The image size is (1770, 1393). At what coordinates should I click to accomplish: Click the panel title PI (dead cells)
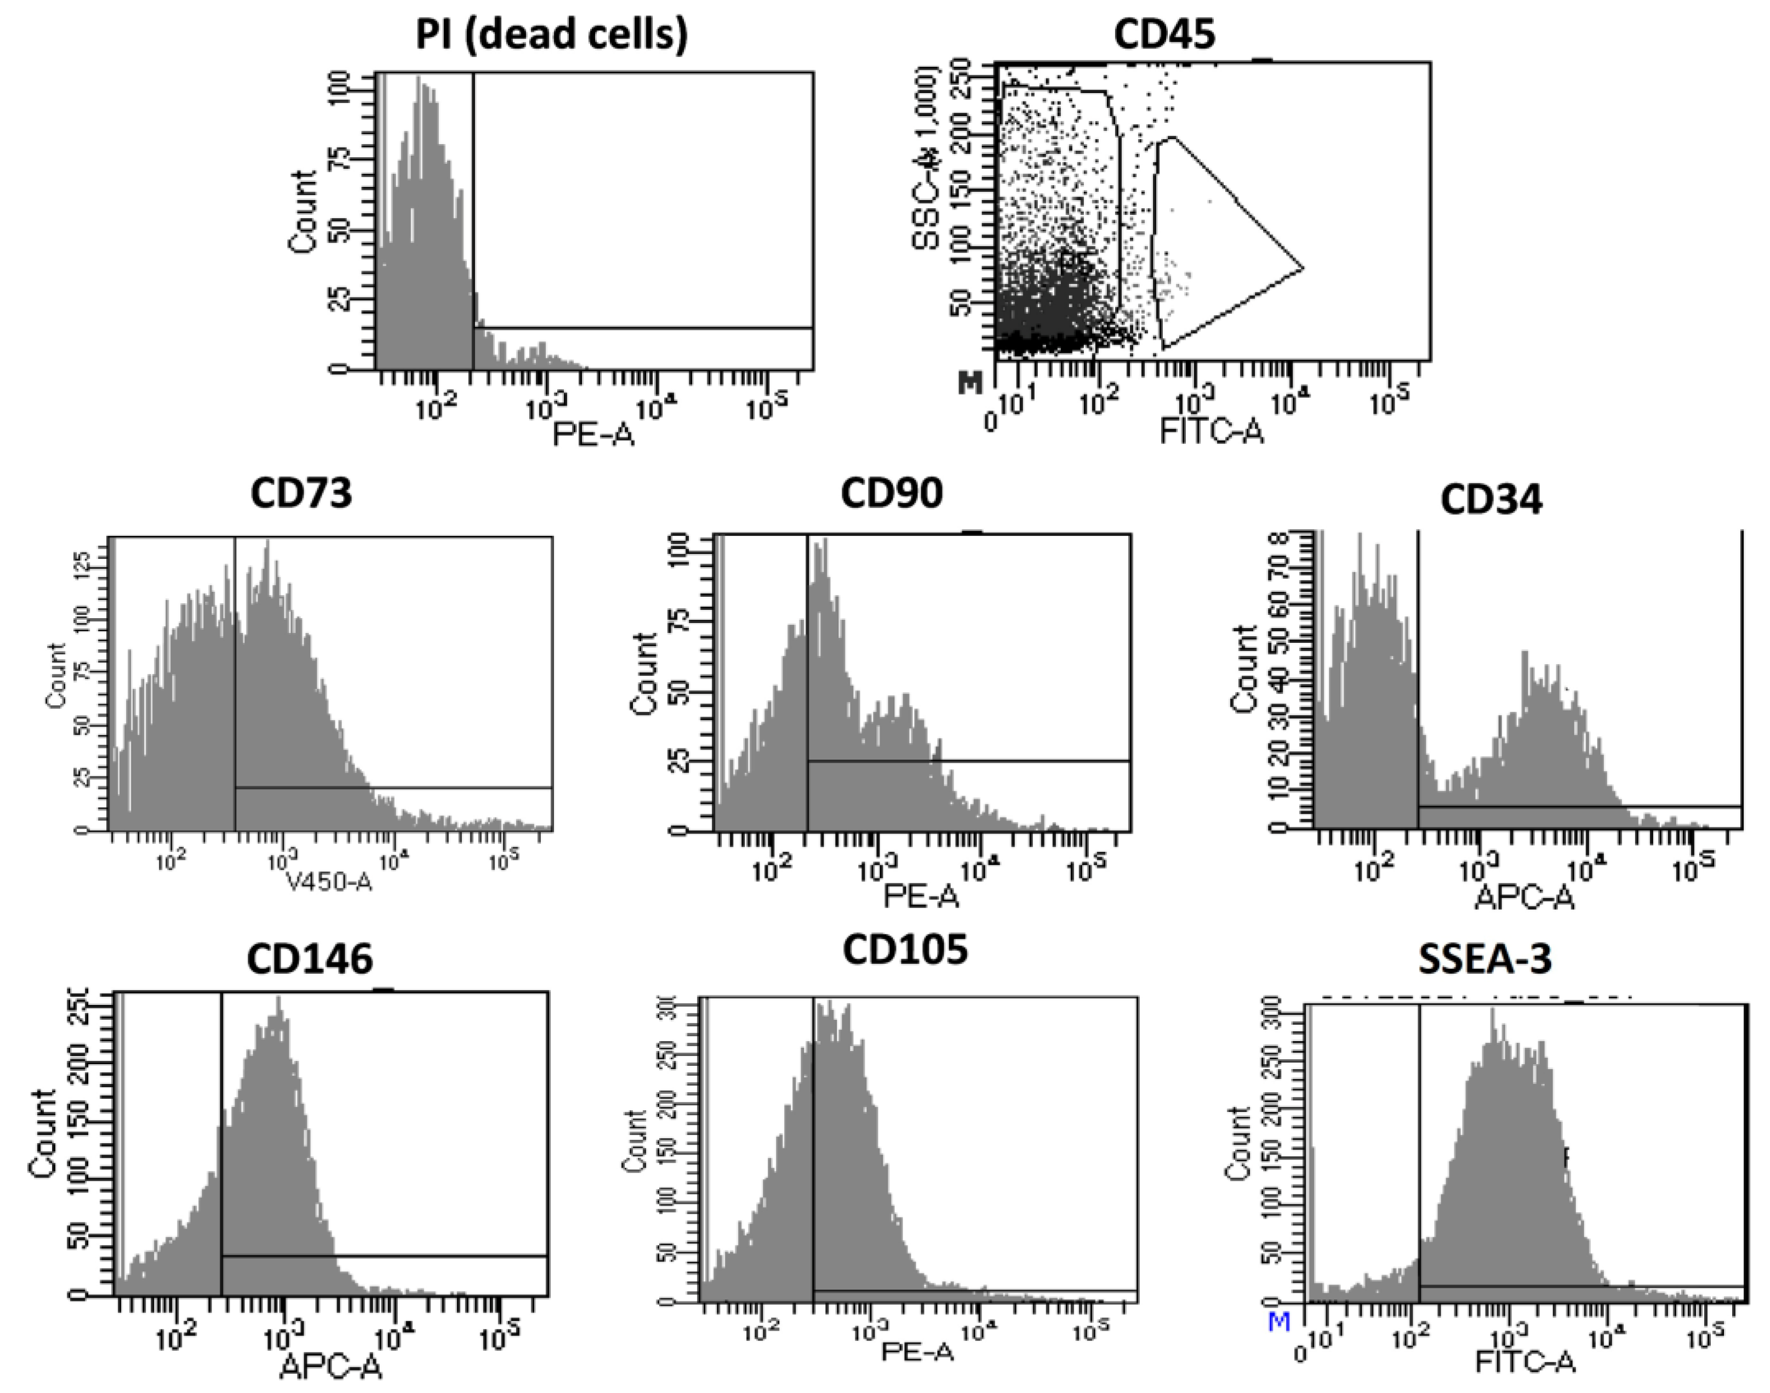click(551, 35)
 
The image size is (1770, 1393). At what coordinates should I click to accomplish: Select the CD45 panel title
click(1164, 35)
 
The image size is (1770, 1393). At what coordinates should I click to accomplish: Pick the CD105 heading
click(905, 949)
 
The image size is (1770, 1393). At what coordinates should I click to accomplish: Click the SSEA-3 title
click(1484, 959)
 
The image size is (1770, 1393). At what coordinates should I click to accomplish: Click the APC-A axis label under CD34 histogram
click(1523, 897)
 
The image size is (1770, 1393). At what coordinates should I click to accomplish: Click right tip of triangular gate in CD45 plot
click(1302, 267)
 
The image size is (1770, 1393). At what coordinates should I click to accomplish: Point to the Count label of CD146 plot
click(42, 1134)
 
